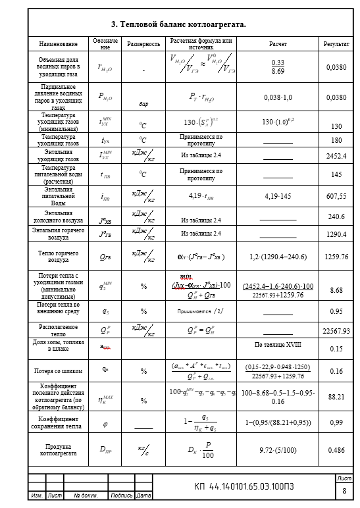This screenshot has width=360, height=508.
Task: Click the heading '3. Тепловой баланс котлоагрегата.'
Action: pos(178,24)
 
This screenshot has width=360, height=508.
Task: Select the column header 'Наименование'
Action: pos(58,44)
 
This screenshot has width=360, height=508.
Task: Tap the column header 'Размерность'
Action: pos(143,44)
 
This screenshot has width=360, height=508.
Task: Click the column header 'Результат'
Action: pos(336,44)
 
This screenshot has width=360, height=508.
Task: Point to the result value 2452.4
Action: pos(336,156)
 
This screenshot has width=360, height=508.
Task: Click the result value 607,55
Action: pos(336,196)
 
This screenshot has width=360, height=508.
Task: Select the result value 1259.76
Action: pos(336,257)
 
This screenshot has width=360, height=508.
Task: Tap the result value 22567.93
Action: pos(336,331)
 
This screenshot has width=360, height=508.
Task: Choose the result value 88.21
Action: pos(336,397)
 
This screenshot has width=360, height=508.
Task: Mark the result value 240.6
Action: pos(336,216)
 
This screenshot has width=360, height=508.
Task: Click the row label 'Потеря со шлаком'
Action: pos(58,371)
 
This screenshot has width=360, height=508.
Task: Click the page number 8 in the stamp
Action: pos(344,490)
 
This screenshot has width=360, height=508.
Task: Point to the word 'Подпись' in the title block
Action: pos(122,495)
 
